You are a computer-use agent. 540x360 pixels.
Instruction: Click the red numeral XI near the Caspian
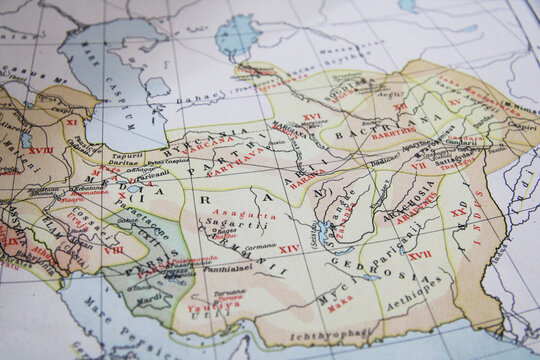point(72,121)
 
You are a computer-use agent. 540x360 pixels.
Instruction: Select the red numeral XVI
point(312,117)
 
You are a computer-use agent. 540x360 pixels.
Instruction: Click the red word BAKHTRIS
point(394,130)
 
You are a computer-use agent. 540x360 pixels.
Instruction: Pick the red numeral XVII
point(419,255)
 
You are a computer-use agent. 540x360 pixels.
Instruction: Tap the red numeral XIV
point(288,248)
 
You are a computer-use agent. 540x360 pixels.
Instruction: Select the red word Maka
point(340,297)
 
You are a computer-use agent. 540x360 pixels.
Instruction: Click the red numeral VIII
point(114,249)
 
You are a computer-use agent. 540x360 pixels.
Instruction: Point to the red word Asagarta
point(250,215)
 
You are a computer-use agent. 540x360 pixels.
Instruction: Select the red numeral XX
point(458,212)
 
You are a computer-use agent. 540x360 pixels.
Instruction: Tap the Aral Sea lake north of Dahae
point(238,36)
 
